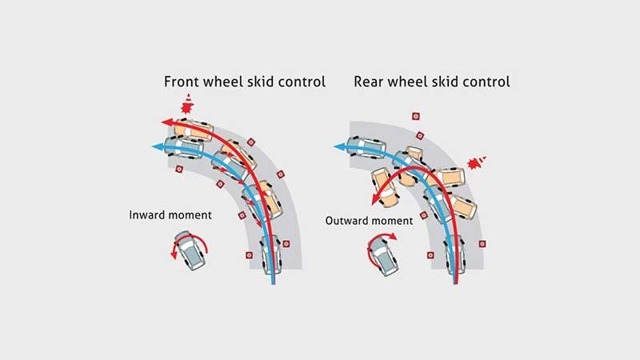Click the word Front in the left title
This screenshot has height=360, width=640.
[182, 82]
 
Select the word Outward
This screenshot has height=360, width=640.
[347, 221]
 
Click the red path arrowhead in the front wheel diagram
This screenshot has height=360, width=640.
[166, 122]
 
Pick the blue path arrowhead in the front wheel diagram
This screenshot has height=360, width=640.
[157, 147]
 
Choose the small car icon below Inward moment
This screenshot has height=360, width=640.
[190, 250]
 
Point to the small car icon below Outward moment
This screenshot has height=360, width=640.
[382, 256]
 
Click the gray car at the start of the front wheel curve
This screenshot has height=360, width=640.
[270, 254]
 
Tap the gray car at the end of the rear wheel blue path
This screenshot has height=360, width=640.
[366, 147]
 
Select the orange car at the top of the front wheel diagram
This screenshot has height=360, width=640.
[193, 130]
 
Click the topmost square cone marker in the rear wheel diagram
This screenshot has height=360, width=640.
[416, 116]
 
